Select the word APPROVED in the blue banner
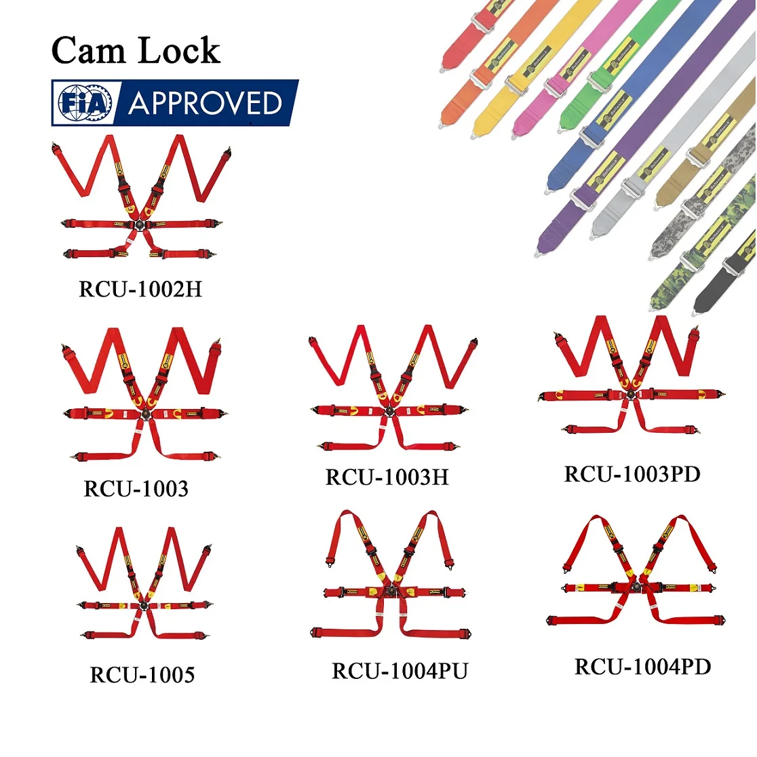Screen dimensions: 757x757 pos(206,104)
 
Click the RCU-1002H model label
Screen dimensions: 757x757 pos(140,290)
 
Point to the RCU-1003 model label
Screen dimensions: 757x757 pos(136,489)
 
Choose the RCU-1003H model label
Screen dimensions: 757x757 pos(387,478)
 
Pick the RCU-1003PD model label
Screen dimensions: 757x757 pos(632,474)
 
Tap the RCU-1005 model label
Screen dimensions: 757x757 pos(142,675)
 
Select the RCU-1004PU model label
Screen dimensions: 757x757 pos(400,672)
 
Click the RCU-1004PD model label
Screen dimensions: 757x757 pos(642,667)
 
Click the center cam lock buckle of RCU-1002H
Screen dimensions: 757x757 pos(140,226)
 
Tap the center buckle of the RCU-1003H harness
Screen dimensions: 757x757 pos(389,410)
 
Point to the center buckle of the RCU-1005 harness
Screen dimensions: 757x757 pos(143,606)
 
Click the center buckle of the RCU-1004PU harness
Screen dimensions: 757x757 pos(390,591)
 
